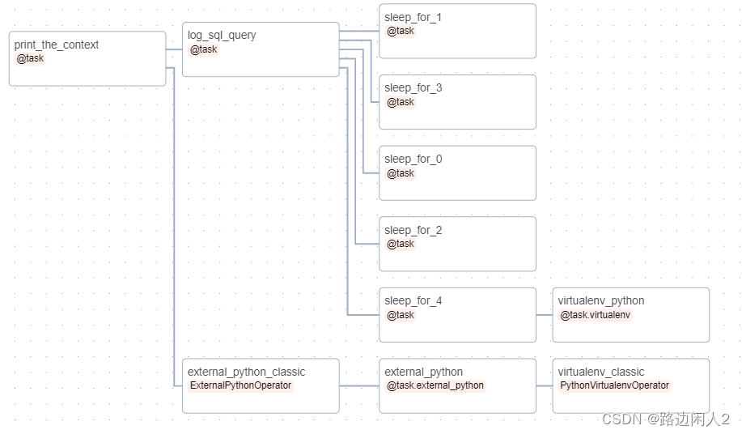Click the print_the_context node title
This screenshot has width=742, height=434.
(x=57, y=45)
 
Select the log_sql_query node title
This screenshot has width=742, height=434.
(x=222, y=36)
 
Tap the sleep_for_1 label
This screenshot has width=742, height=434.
(x=413, y=18)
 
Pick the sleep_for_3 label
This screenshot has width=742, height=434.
(x=413, y=88)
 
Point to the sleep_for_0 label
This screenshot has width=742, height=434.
(x=413, y=160)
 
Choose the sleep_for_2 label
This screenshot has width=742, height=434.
(x=413, y=231)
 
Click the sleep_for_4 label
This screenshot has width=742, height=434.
(x=413, y=301)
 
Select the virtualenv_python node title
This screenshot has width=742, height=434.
(x=601, y=301)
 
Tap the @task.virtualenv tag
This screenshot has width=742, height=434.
(x=595, y=315)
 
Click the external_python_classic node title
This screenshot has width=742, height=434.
(x=247, y=372)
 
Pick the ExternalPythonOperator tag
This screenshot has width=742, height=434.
(x=240, y=386)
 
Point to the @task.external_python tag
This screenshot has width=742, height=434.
(x=435, y=386)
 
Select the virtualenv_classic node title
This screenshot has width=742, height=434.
(x=601, y=372)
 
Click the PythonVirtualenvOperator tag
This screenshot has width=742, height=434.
(x=614, y=386)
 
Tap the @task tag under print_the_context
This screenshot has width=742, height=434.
(x=30, y=59)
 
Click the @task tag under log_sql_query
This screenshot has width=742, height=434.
(x=203, y=49)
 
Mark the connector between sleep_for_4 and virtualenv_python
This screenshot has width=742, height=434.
(x=545, y=315)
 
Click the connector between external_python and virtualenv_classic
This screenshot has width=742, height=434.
(x=545, y=386)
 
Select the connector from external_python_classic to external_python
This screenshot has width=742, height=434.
(x=359, y=386)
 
